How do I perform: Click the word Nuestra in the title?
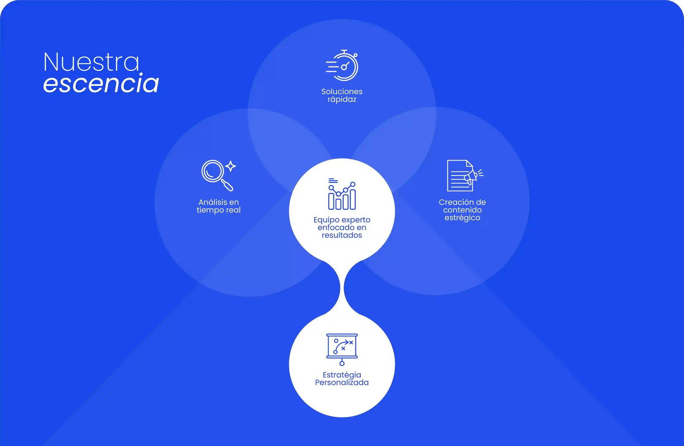pyautogui.click(x=91, y=62)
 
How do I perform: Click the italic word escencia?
pyautogui.click(x=101, y=83)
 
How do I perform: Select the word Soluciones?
pyautogui.click(x=342, y=92)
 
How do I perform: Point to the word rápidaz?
pyautogui.click(x=342, y=100)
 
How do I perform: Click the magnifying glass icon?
pyautogui.click(x=215, y=174)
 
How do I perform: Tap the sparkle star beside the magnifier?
pyautogui.click(x=231, y=166)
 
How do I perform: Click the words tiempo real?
pyautogui.click(x=219, y=210)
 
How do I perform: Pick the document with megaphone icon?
pyautogui.click(x=463, y=176)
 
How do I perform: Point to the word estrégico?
pyautogui.click(x=462, y=218)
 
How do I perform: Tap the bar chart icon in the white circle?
pyautogui.click(x=342, y=195)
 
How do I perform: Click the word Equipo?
pyautogui.click(x=326, y=220)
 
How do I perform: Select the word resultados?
pyautogui.click(x=342, y=235)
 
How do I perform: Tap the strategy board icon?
pyautogui.click(x=342, y=348)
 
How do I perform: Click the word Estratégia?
pyautogui.click(x=342, y=375)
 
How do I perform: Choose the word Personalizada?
pyautogui.click(x=342, y=383)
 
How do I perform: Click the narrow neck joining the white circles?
pyautogui.click(x=342, y=288)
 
